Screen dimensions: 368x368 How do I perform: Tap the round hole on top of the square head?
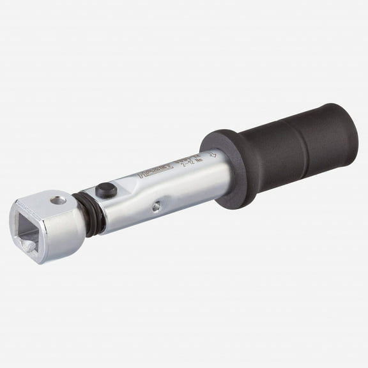click(59, 201)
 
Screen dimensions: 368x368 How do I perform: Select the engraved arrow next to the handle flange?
click(213, 154)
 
